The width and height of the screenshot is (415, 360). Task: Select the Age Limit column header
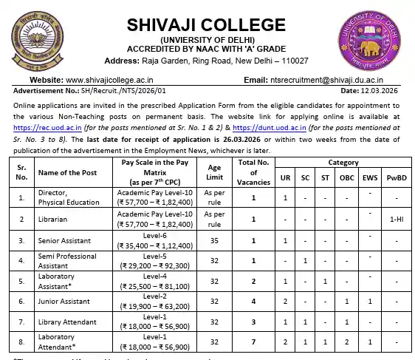(213, 172)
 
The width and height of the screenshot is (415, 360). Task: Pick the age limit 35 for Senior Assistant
(213, 240)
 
